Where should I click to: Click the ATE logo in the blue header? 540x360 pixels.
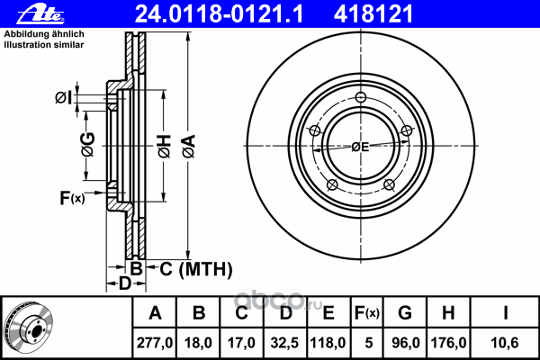click(40, 14)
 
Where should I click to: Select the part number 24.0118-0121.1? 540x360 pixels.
click(219, 14)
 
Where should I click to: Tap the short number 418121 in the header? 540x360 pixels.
click(373, 14)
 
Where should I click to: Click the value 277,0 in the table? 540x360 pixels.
click(155, 343)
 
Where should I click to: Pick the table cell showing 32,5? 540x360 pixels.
click(284, 343)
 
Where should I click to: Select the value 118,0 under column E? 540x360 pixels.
click(328, 343)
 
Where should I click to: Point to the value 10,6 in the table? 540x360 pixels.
click(505, 343)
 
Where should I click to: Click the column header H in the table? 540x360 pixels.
click(448, 313)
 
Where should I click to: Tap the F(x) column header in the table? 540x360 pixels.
click(367, 313)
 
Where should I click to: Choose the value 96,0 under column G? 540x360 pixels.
click(405, 343)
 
